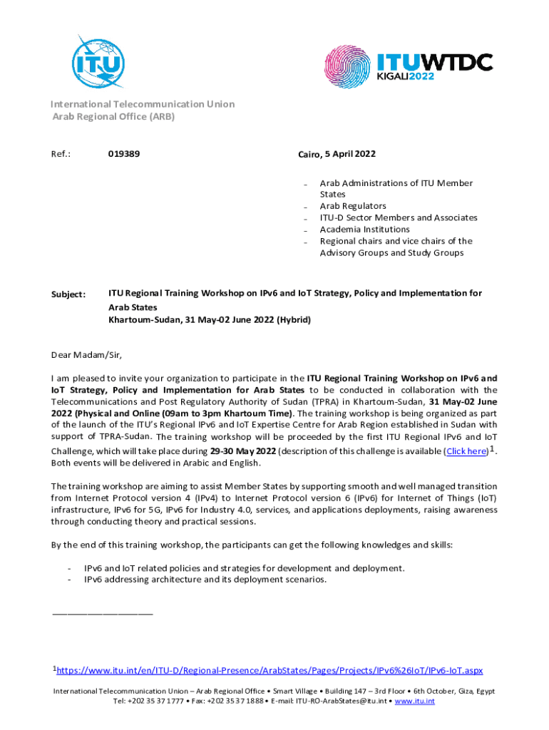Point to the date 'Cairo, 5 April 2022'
337,154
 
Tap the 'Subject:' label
68,294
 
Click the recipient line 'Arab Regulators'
353,206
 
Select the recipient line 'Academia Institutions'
364,230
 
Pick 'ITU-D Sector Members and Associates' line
398,217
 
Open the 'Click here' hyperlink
466,451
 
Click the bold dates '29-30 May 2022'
242,451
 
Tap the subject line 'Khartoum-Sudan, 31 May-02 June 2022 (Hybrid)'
210,320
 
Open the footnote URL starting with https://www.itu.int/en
270,670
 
